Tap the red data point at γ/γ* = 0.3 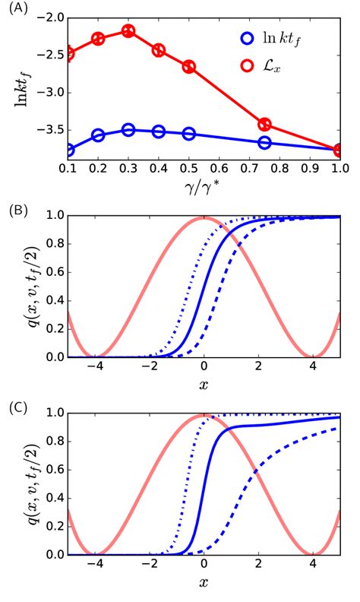point(128,31)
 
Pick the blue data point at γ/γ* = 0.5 point(189,134)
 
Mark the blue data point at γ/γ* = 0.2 point(98,135)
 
